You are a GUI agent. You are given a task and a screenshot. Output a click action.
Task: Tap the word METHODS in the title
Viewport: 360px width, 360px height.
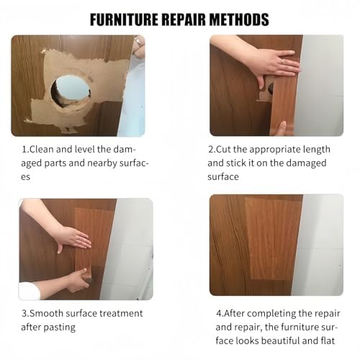[x=238, y=19]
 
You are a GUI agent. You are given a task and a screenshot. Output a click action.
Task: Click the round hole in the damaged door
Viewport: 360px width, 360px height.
[x=71, y=91]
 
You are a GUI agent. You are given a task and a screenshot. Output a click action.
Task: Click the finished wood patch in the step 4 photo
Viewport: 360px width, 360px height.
[x=273, y=238]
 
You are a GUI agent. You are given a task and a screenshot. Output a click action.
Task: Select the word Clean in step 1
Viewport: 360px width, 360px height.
[x=45, y=149]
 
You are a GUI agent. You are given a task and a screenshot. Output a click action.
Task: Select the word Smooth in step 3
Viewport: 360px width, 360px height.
[x=48, y=313]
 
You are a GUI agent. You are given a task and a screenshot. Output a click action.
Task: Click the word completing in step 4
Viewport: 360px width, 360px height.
[x=265, y=313]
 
